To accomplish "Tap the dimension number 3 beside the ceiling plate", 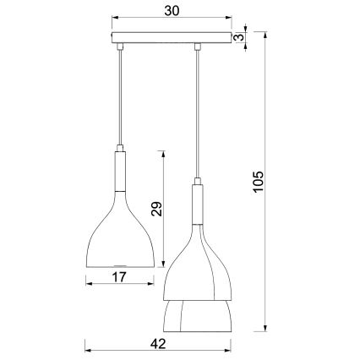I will coord(241,36).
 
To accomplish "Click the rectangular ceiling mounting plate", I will coord(172,38).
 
